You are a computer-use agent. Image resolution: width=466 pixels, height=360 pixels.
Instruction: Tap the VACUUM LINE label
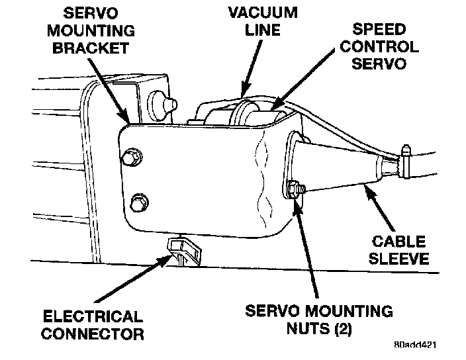[x=262, y=21]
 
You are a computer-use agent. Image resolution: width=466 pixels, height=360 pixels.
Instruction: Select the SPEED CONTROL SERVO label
[x=375, y=47]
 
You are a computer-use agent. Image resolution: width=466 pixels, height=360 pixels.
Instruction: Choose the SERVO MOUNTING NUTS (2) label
[x=318, y=319]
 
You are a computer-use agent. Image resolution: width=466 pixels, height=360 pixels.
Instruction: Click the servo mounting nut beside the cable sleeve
[x=295, y=189]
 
